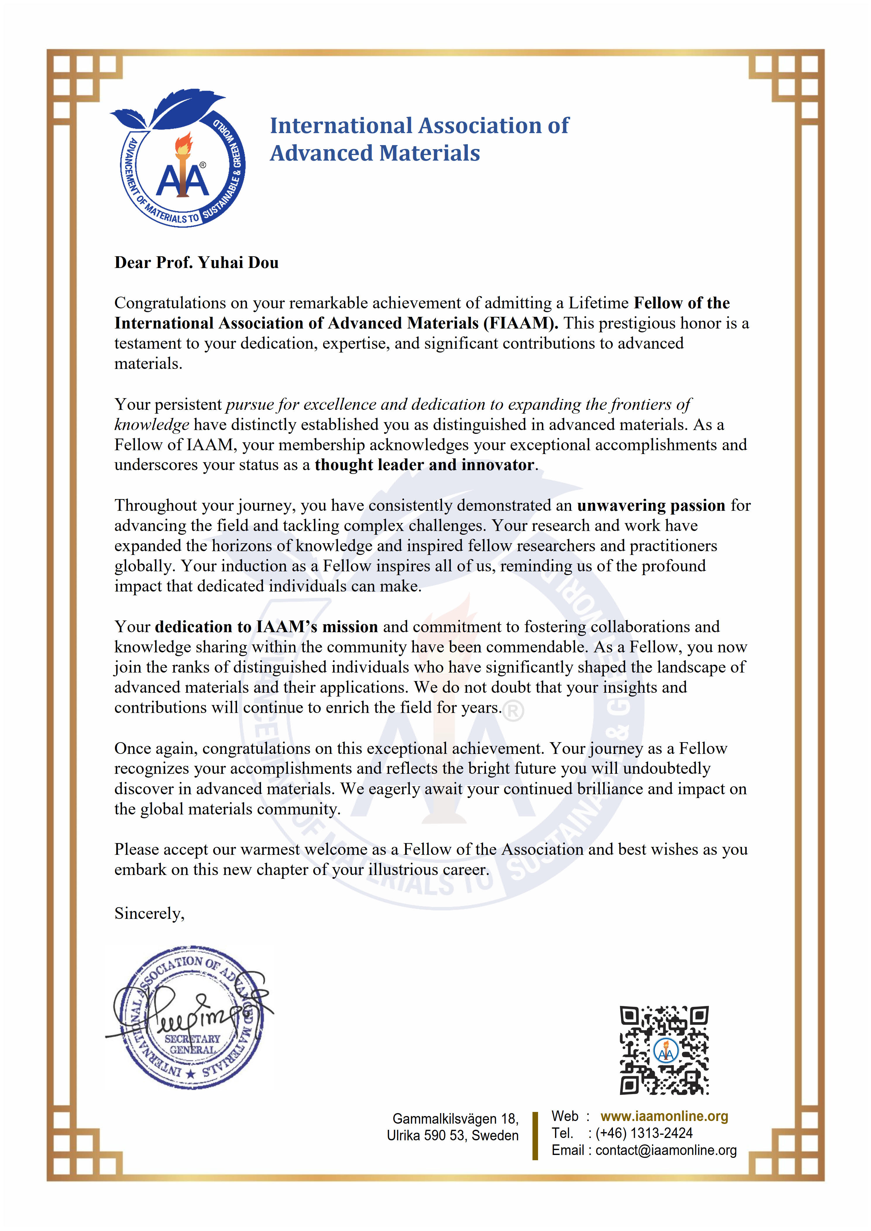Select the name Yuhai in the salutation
tap(217, 263)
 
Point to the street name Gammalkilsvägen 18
tap(455, 1119)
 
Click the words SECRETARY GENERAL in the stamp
tap(192, 1044)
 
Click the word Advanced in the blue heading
tap(320, 153)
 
